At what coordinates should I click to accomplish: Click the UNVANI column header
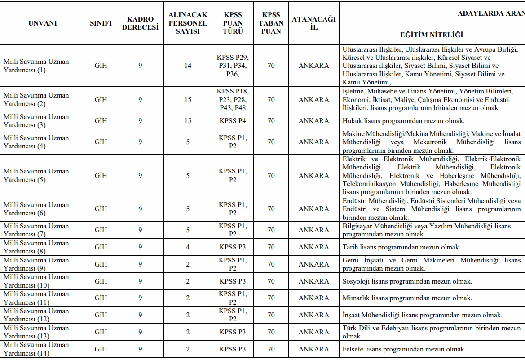coord(42,23)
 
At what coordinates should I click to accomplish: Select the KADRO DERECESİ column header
coord(140,23)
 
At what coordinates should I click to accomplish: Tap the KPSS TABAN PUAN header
coord(271,23)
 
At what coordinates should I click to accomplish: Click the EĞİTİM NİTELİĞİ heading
coord(431,35)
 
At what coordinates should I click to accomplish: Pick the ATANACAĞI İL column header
coord(313,23)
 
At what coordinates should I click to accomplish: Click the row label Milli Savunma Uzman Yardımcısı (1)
coord(36,66)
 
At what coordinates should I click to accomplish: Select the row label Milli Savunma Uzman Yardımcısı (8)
coord(36,247)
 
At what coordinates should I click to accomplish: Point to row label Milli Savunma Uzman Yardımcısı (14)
coord(36,349)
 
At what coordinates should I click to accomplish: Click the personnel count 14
coord(188,66)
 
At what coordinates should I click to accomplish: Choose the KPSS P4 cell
coord(233,121)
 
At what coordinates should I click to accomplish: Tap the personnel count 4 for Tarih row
coord(188,247)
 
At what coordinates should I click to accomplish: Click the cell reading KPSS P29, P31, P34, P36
coord(233,66)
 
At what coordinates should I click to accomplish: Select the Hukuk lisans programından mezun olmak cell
coord(403,121)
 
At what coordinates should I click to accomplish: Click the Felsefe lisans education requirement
coord(404,349)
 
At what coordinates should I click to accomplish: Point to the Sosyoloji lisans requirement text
coord(407,281)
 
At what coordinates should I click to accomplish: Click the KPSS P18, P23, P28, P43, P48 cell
coord(233,99)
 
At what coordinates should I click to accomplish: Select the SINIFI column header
coord(101,23)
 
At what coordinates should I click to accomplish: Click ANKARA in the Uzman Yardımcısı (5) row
coord(313,176)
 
